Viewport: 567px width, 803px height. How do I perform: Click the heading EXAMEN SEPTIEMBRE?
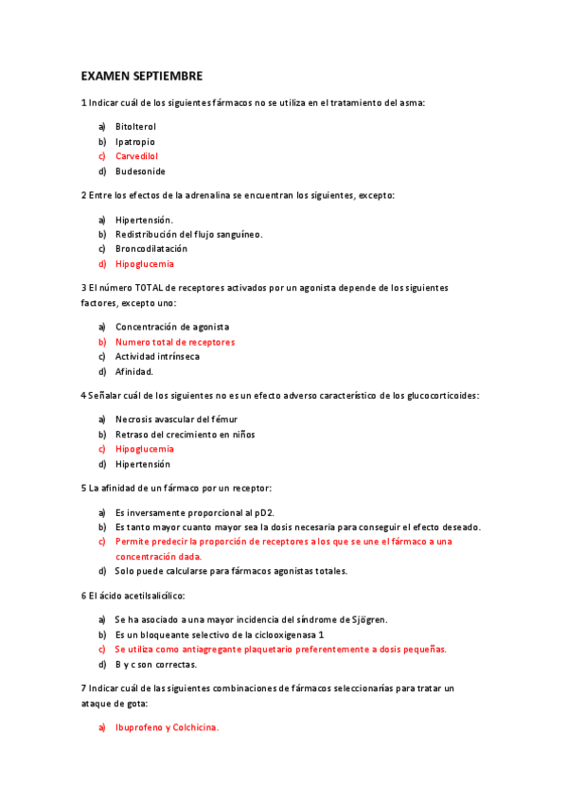point(141,75)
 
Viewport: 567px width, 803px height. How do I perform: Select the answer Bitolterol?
point(135,126)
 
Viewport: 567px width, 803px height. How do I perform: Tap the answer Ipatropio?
point(135,141)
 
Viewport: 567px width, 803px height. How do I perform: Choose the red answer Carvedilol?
point(136,156)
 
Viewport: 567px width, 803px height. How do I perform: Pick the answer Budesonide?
point(140,171)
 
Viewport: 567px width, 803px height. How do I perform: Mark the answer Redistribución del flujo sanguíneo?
point(189,234)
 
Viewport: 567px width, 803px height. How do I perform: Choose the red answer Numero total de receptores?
point(175,342)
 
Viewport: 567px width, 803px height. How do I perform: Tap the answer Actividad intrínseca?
point(157,357)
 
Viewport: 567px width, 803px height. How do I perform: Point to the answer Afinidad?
point(134,372)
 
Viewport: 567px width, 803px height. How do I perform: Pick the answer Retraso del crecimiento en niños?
point(186,434)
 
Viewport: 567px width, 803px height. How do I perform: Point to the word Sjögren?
point(367,619)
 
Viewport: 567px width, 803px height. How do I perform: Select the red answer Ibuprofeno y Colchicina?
point(168,727)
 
